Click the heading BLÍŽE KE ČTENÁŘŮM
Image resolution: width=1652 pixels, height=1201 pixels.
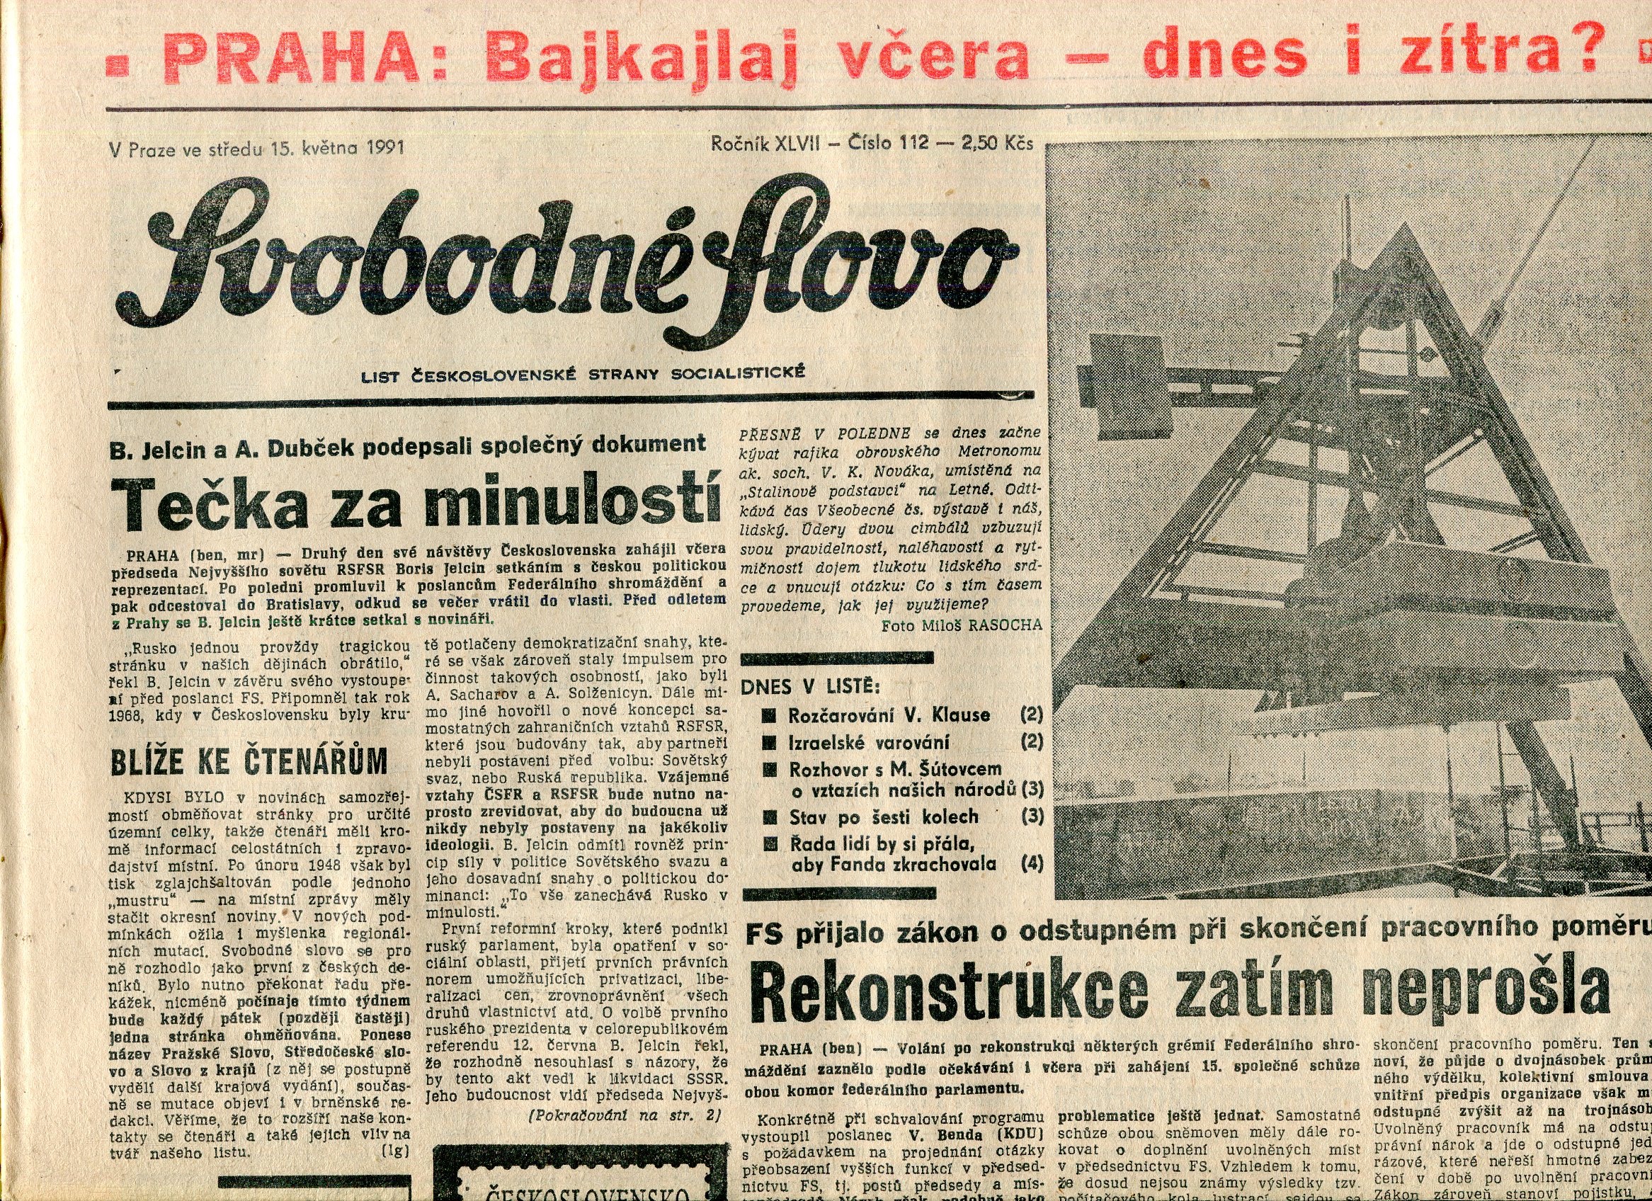click(x=248, y=761)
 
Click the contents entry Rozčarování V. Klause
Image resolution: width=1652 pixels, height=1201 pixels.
click(x=889, y=715)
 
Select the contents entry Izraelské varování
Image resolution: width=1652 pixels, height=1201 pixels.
click(x=868, y=743)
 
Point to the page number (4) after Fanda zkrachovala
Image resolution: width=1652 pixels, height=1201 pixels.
click(x=1032, y=865)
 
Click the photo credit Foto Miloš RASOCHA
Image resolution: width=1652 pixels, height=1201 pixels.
click(x=961, y=625)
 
